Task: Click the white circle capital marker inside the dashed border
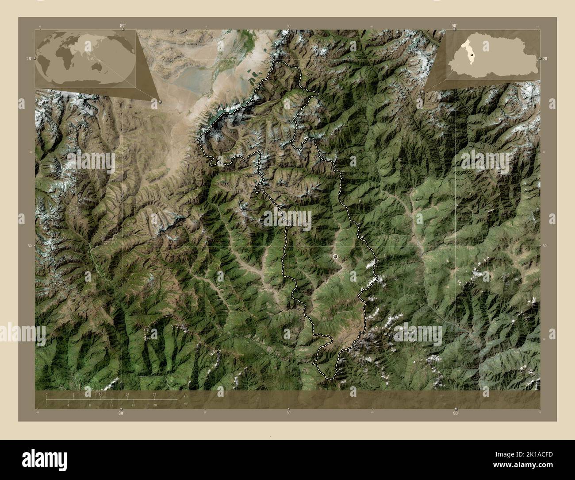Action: click(x=335, y=256)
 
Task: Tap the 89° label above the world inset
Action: click(x=122, y=26)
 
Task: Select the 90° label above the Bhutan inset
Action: click(x=454, y=26)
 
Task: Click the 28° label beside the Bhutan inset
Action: click(x=545, y=58)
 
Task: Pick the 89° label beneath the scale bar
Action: click(x=120, y=414)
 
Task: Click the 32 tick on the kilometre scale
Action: click(x=154, y=394)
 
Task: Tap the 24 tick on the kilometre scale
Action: click(x=127, y=394)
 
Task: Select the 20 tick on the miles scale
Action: click(x=154, y=405)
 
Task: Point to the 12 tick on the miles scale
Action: click(x=111, y=405)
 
